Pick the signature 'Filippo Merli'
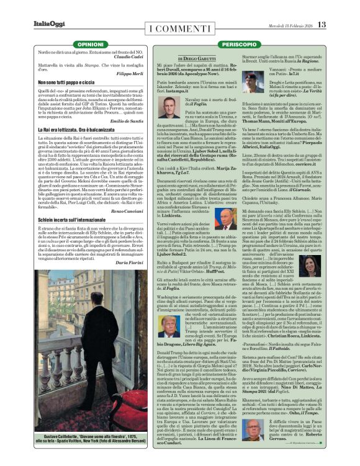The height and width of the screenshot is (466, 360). pyautogui.click(x=127, y=74)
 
